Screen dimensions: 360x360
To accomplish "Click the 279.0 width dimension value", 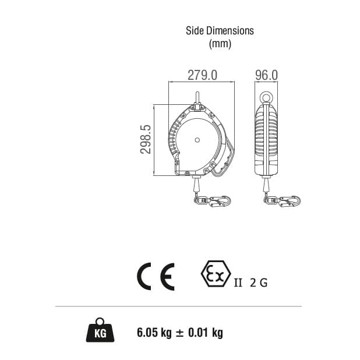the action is tap(202, 75).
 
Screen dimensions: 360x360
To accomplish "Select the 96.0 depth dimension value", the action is tap(266, 75).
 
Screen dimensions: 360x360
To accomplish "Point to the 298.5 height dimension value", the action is tap(146, 139).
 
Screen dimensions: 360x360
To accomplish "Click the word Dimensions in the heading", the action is tap(228, 31).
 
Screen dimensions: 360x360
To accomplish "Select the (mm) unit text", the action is tap(220, 44).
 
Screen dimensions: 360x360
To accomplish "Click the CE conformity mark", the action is tap(156, 277).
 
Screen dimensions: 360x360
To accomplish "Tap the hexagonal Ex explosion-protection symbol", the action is tap(216, 274).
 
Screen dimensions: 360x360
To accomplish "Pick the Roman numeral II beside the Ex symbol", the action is tap(238, 283).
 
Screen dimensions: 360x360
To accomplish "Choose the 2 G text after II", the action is tap(259, 283).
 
